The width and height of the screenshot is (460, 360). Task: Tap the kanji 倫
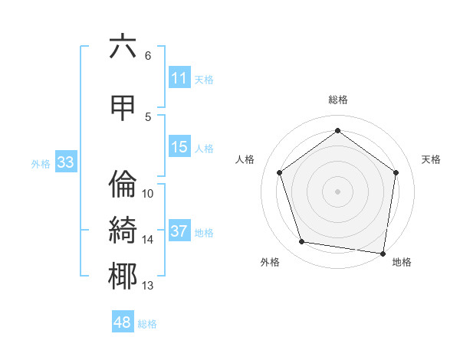pos(123,185)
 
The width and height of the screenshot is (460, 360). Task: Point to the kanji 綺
pos(123,231)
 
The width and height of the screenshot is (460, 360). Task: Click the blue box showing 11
pos(179,78)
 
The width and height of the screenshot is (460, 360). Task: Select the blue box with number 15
pos(179,147)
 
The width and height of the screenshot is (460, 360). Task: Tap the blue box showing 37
pos(179,231)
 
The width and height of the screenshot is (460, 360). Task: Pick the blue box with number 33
pos(65,162)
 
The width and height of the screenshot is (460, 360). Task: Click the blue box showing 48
pos(123,322)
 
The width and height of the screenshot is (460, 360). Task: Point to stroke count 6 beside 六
pos(148,55)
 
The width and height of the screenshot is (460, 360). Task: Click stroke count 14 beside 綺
pos(148,239)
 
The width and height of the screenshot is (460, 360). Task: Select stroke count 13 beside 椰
pos(148,286)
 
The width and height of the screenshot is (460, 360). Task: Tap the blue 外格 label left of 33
pos(40,163)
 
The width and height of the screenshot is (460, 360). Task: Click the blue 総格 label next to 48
pos(147,323)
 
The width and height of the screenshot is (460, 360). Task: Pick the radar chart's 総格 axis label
pos(337,100)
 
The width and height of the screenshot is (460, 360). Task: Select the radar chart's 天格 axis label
pos(431,159)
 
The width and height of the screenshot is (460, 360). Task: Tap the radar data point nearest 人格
pos(279,172)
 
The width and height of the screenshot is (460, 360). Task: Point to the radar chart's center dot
pos(337,191)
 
